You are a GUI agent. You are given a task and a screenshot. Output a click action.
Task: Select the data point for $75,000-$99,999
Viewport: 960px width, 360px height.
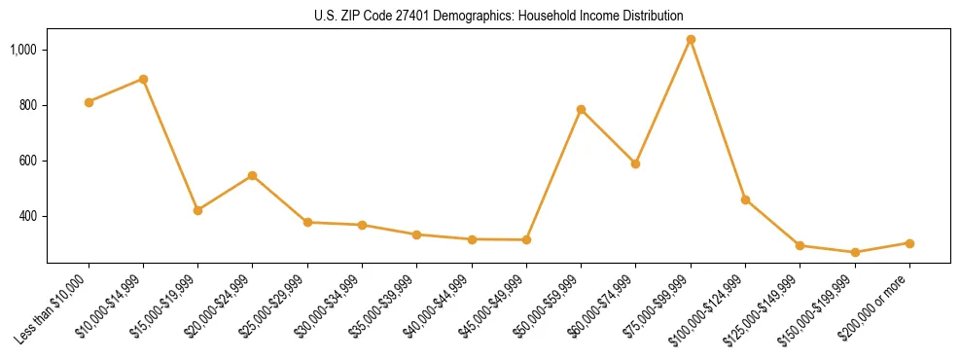691,40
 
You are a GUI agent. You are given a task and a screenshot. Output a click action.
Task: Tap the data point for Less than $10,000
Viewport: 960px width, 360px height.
89,102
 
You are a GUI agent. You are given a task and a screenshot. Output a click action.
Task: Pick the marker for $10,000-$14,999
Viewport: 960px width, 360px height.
143,79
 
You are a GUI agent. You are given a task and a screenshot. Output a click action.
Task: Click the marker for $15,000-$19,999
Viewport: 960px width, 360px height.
197,210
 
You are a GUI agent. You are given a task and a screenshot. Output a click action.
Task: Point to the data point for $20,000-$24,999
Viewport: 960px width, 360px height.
252,175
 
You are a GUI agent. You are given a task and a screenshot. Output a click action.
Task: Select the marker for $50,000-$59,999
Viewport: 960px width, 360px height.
581,109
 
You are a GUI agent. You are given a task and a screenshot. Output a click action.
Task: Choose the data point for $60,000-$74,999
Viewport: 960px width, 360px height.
635,163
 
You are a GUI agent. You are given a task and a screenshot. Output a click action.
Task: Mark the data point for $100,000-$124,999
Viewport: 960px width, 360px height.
745,199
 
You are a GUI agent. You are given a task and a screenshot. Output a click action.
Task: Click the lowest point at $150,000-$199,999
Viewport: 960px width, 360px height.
855,252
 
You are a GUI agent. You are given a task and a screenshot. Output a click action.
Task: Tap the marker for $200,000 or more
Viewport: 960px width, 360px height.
909,243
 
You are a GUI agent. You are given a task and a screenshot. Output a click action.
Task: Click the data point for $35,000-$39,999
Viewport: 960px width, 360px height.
416,234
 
